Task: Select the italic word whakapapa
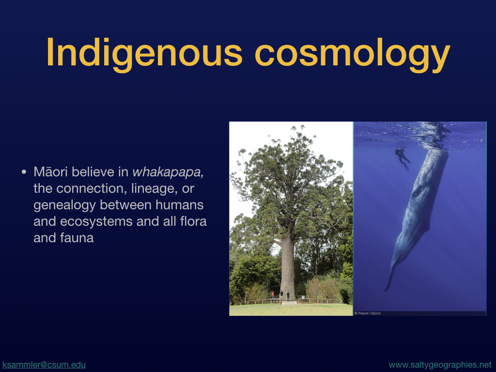[x=168, y=172]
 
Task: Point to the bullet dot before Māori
[x=24, y=172]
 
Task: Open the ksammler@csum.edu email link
[x=44, y=365]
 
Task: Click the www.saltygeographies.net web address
[x=440, y=365]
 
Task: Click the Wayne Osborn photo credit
[x=368, y=313]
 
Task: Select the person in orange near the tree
[x=273, y=294]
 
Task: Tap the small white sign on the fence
[x=303, y=297]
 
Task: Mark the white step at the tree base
[x=289, y=303]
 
